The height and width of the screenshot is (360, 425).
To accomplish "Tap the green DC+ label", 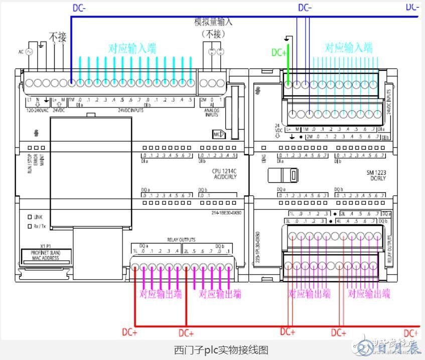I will tap(279, 52).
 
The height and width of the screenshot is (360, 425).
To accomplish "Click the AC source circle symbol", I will tap(29, 52).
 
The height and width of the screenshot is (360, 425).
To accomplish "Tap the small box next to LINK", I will tap(30, 217).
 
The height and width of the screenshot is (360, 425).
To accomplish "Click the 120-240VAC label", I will tap(38, 110).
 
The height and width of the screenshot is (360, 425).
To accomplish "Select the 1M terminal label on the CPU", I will tap(71, 99).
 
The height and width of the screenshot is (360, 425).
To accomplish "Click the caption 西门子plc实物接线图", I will tap(212, 349).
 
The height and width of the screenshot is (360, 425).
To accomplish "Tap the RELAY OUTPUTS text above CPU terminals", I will tap(181, 240).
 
